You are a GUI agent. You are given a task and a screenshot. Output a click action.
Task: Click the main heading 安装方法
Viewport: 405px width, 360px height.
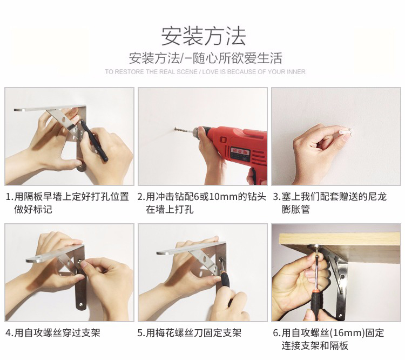(x=204, y=36)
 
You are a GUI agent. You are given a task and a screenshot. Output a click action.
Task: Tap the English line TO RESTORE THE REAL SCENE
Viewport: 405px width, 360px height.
(x=151, y=72)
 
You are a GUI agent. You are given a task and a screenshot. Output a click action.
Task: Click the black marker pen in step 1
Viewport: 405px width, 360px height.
(x=94, y=141)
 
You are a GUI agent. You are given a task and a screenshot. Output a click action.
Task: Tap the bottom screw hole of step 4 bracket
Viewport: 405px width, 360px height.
(x=81, y=305)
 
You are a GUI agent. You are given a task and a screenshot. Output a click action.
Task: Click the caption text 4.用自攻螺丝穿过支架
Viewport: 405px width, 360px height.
(x=53, y=333)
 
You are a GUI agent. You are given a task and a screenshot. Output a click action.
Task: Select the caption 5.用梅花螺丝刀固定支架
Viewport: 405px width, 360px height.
(x=190, y=333)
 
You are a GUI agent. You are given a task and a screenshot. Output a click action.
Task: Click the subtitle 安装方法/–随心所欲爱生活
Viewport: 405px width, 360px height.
(x=205, y=58)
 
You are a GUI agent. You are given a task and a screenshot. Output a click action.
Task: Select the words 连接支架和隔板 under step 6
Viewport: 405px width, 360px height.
(x=315, y=346)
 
